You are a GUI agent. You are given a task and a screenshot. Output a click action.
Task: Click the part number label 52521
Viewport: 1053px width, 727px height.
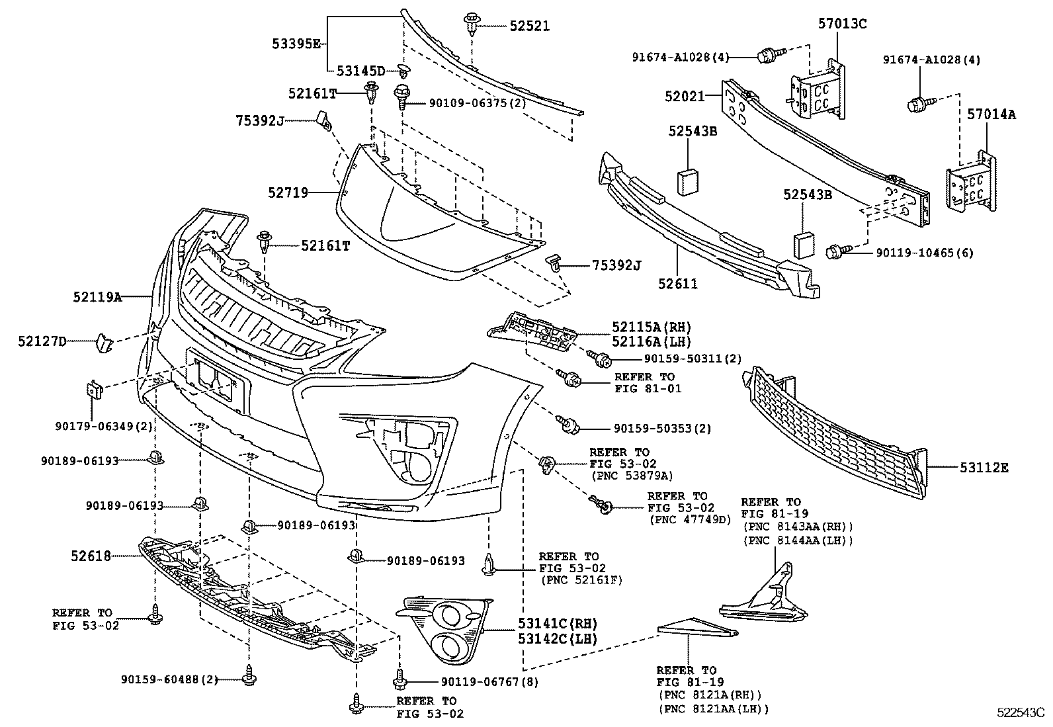pos(529,26)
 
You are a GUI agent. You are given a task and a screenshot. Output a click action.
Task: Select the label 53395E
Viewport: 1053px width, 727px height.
pos(296,44)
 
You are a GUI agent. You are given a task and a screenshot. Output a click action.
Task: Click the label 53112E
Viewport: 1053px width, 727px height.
pos(984,468)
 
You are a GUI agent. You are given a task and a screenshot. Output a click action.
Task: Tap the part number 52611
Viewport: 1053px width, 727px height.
pos(678,283)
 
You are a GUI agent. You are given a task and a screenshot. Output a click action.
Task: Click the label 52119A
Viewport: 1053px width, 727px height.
pos(97,298)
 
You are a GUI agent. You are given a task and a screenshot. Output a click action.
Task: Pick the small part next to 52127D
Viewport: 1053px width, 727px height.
pos(105,342)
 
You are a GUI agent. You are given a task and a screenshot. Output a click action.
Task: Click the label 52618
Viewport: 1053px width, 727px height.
pos(91,556)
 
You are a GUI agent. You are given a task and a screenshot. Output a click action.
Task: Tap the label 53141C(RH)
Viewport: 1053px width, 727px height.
pos(558,623)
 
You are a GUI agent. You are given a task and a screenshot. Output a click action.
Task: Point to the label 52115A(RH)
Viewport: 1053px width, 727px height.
pos(651,327)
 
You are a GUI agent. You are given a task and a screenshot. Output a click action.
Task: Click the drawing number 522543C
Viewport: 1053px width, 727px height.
pos(1020,712)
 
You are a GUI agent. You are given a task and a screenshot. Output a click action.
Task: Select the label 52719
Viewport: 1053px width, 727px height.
pos(288,192)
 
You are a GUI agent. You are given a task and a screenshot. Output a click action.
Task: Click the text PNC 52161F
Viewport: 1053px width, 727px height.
pos(582,580)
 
